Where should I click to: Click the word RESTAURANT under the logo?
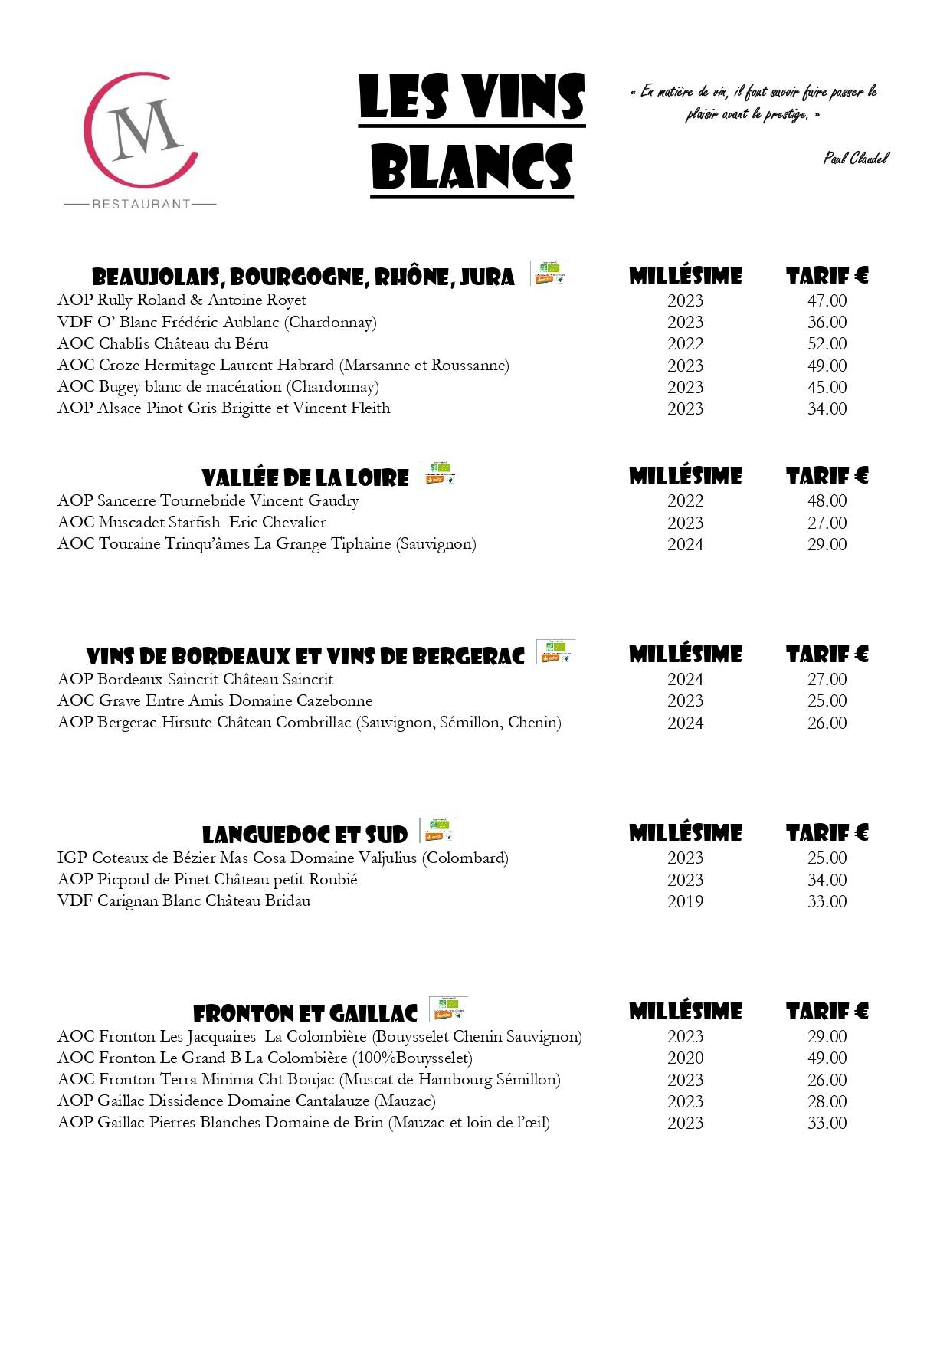tap(141, 204)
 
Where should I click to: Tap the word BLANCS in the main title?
tap(472, 167)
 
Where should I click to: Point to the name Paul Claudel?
tap(856, 159)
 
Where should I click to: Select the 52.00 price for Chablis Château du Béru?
tap(827, 344)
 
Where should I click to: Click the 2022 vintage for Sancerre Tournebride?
tap(685, 501)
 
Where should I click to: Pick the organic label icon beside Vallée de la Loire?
tap(440, 473)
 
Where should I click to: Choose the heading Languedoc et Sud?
tap(304, 835)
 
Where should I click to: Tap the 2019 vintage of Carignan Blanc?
tap(685, 902)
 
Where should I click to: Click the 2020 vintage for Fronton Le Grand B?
tap(685, 1058)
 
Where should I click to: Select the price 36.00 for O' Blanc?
tap(827, 323)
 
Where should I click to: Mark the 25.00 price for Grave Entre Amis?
tap(827, 701)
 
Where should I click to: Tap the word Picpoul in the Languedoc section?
tap(123, 880)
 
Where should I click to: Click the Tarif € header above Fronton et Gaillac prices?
tap(827, 1012)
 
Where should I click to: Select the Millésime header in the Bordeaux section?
tap(685, 654)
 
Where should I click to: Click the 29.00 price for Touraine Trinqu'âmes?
tap(827, 545)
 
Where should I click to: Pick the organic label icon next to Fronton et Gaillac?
tap(448, 1009)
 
